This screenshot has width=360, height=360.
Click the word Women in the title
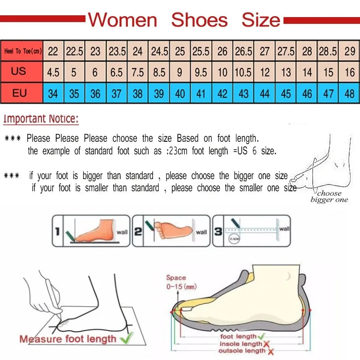point(122,20)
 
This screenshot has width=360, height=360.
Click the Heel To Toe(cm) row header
point(22,51)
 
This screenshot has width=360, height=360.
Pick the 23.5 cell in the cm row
point(117,51)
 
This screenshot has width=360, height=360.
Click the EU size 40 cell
point(180,94)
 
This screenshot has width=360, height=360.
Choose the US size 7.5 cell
point(138,72)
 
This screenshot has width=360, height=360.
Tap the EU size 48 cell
point(350,94)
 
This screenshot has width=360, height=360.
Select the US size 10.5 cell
point(243,72)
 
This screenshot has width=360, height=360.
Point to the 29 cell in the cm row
point(350,51)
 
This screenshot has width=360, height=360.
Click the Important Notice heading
point(41,119)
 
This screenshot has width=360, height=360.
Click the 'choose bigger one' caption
point(329,197)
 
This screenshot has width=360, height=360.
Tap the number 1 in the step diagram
point(57,232)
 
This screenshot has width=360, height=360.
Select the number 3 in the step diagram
point(218,232)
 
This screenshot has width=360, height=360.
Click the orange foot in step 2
point(173,229)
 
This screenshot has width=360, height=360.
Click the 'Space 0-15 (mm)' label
point(180,282)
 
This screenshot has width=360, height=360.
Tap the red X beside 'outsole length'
point(269,351)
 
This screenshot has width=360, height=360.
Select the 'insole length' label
point(240,344)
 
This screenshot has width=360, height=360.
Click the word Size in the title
point(261,20)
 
